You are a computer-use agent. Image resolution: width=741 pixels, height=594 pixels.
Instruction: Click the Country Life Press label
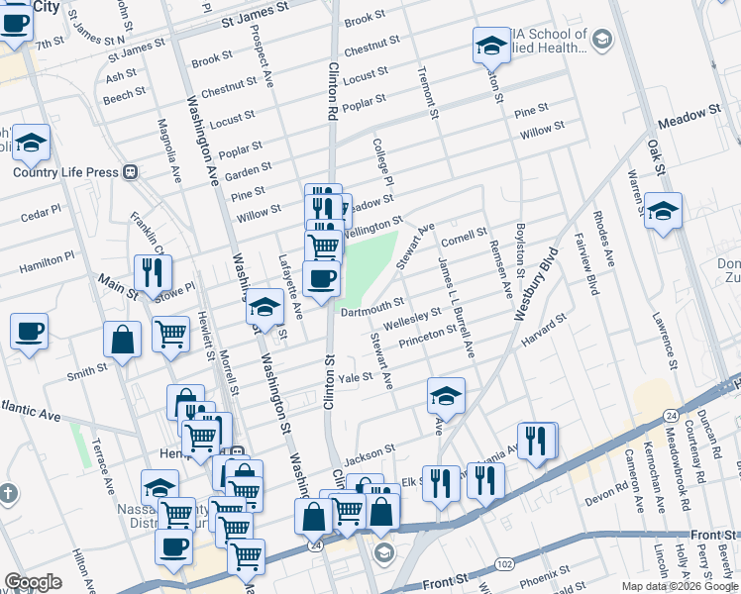click(x=65, y=171)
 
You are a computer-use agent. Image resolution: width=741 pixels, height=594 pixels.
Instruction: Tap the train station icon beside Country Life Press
click(x=131, y=171)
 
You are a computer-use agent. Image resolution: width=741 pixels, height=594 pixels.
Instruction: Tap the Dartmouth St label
click(x=371, y=307)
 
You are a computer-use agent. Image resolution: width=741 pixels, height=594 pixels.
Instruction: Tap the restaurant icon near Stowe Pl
click(x=153, y=272)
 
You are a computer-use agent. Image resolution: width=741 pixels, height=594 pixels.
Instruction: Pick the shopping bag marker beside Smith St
click(x=122, y=340)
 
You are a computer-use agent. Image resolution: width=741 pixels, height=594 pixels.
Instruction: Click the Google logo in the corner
click(x=33, y=582)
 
